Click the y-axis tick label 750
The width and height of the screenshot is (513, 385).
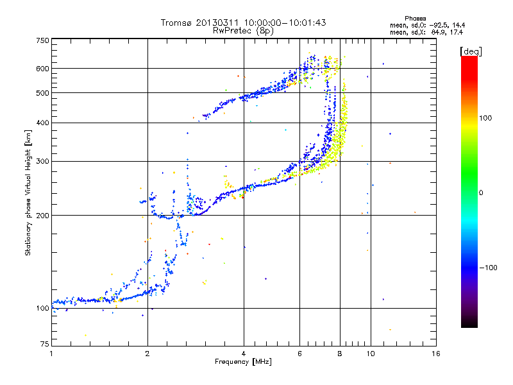tap(42, 40)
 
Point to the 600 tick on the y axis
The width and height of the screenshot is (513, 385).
tap(42, 69)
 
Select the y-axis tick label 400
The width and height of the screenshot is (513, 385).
tap(42, 123)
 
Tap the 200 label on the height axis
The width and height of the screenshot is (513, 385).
tap(42, 216)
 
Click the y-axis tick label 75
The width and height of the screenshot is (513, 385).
tap(45, 344)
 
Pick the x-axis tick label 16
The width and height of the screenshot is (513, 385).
tap(436, 354)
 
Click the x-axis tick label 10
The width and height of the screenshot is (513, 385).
tap(371, 354)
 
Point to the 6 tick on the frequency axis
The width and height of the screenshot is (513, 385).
tap(299, 354)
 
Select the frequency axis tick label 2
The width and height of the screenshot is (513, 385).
tap(147, 354)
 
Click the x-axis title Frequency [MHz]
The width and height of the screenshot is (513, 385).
tap(243, 362)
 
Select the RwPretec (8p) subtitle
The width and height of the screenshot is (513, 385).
tap(243, 31)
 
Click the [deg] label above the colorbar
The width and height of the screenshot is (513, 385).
tap(471, 51)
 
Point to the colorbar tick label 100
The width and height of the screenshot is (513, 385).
tap(485, 118)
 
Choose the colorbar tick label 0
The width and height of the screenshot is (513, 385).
tap(481, 193)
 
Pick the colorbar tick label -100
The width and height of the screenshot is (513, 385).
tap(489, 268)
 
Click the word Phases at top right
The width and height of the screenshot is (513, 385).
tap(415, 19)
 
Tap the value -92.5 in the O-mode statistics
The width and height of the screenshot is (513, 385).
tap(438, 26)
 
